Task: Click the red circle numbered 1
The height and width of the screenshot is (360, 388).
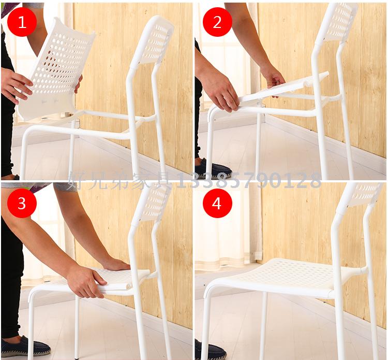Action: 22,22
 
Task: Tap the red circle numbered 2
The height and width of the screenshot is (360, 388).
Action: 217,22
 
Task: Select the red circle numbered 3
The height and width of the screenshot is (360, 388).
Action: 22,204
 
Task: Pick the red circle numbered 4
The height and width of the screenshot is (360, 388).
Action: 217,204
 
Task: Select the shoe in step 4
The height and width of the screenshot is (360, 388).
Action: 210,350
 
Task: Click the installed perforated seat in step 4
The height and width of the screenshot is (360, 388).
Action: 285,278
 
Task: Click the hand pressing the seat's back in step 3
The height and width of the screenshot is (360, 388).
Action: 116,265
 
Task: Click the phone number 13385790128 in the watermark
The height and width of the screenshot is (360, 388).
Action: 248,180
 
